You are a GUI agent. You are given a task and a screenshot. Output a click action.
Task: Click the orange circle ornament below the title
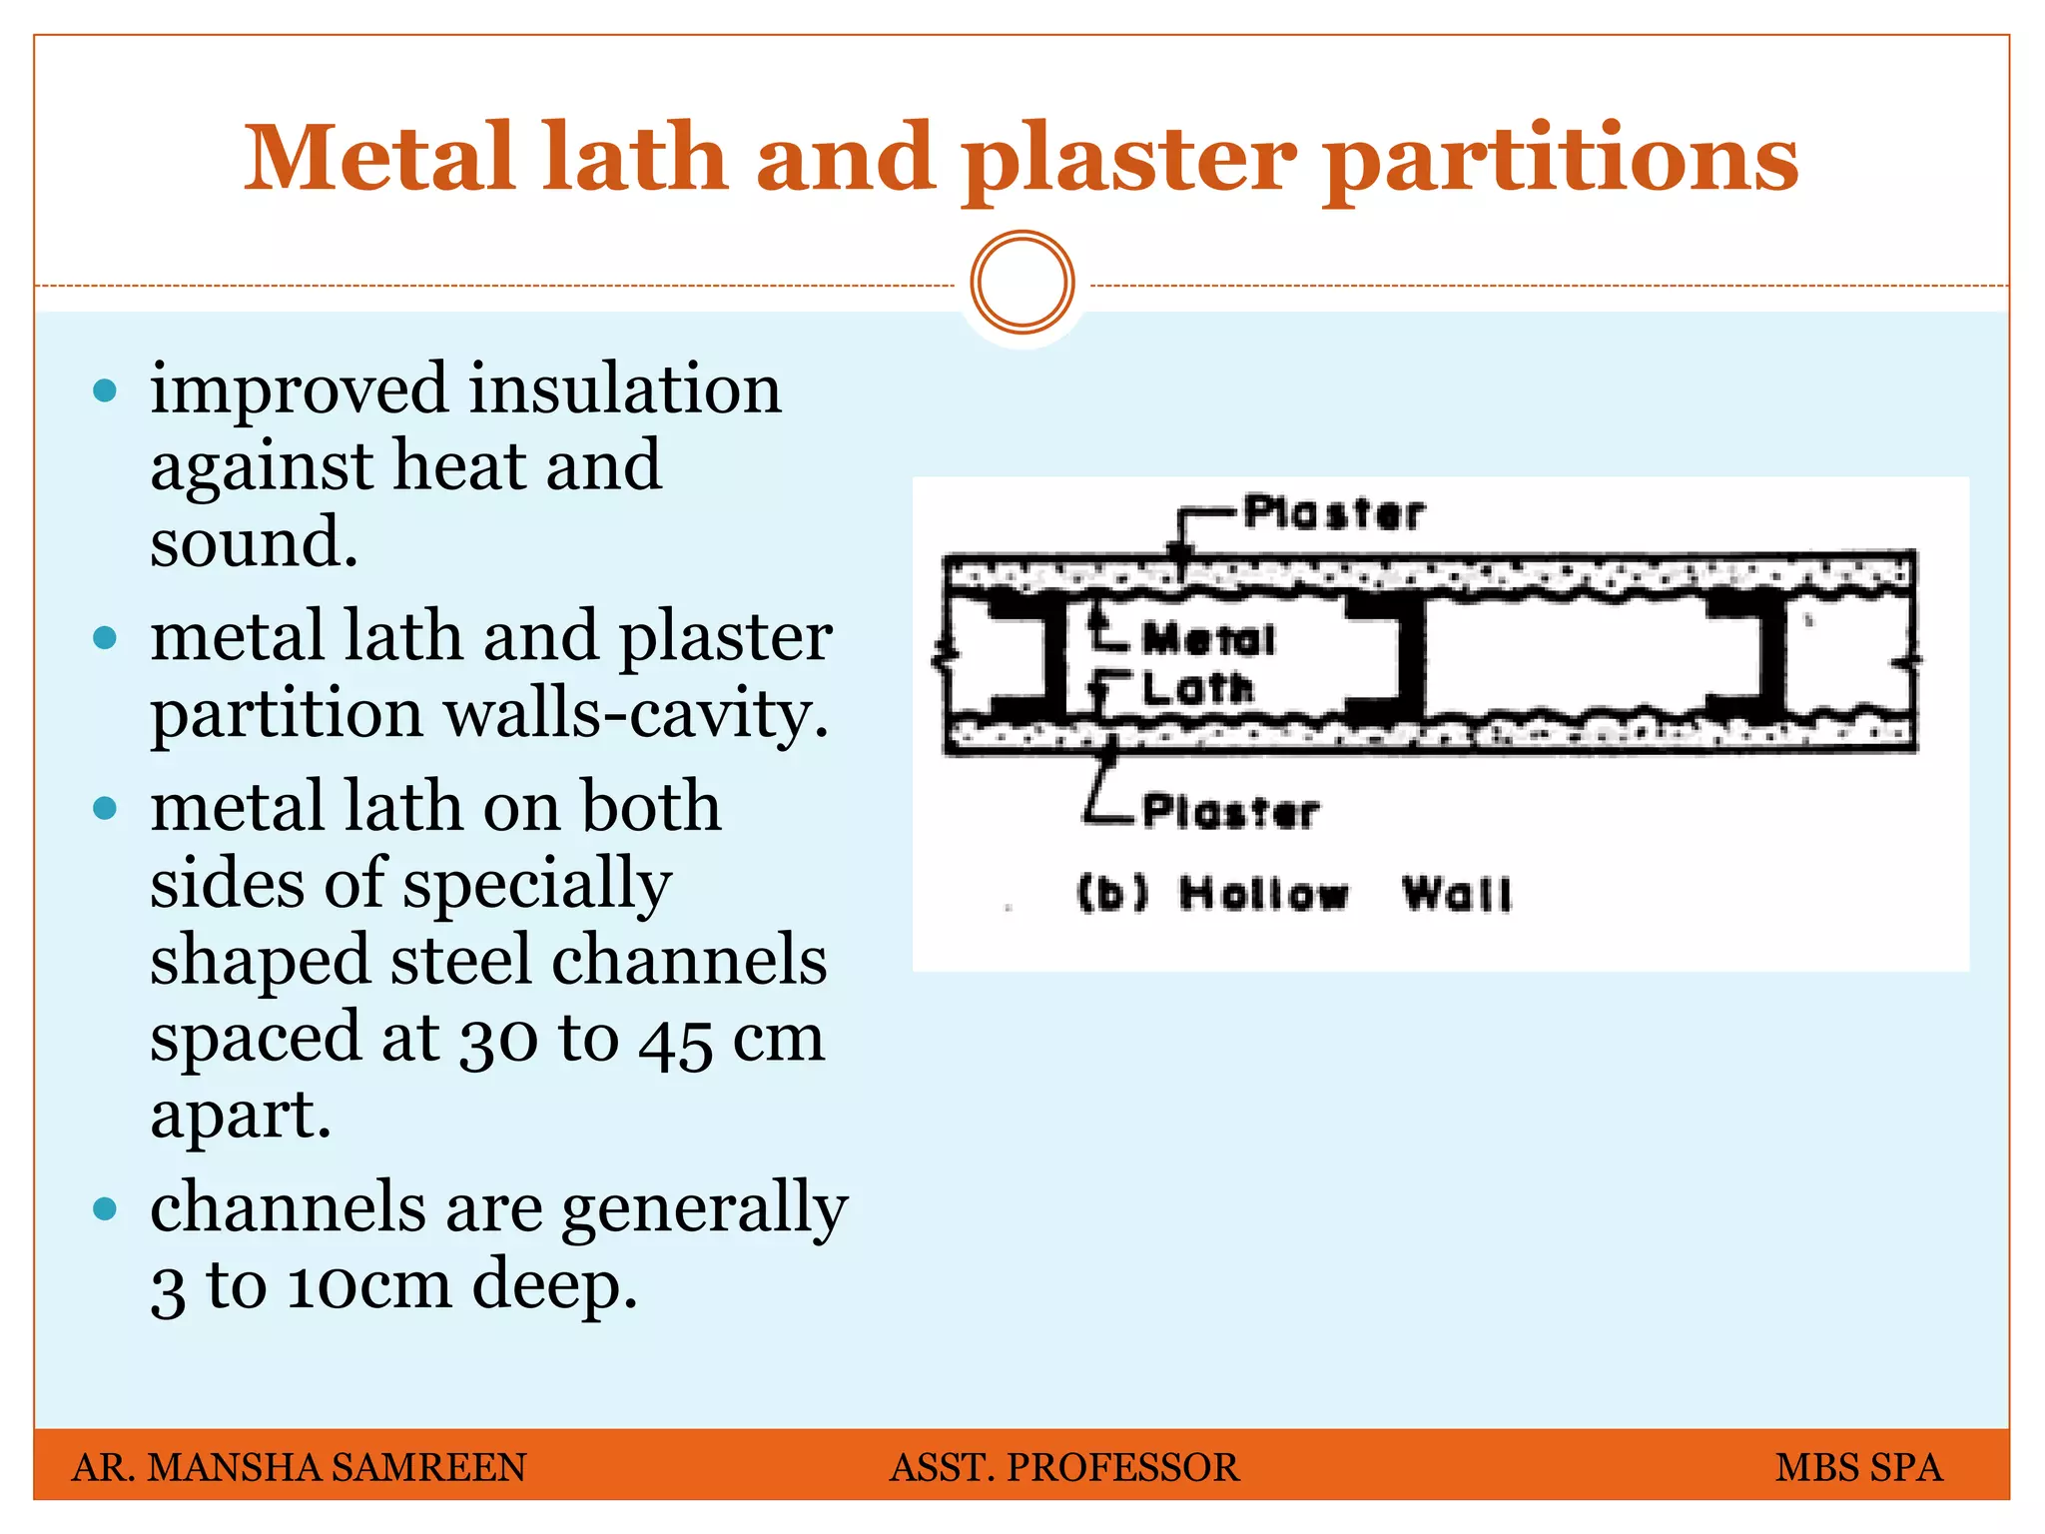(1022, 283)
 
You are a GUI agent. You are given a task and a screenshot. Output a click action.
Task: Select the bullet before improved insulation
(105, 389)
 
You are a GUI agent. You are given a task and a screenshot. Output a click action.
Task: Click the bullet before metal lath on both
(105, 807)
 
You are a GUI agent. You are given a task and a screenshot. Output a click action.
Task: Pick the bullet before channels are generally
(105, 1209)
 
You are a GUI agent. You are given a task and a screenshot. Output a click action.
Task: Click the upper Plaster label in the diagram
(1334, 513)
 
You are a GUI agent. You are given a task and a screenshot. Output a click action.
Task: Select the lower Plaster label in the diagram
(1230, 811)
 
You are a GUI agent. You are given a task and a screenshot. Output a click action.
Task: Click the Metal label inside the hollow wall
(1208, 639)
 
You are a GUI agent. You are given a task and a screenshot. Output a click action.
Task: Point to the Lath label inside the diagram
(1196, 688)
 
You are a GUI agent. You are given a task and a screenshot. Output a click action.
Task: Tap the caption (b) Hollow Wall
(1294, 894)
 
